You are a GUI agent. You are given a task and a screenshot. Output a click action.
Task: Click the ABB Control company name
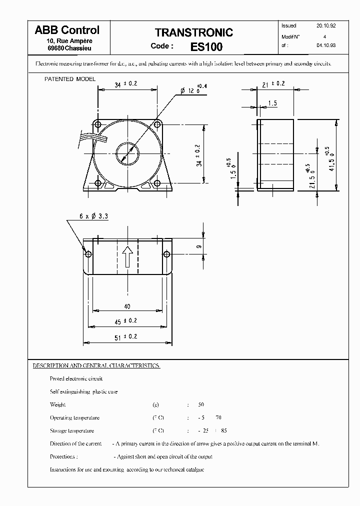67,30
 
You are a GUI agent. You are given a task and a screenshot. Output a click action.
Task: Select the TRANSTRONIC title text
193,33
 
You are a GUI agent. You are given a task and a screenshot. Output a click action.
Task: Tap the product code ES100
206,47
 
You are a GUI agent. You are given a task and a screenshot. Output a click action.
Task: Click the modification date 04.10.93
325,45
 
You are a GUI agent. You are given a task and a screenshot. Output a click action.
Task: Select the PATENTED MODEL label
70,79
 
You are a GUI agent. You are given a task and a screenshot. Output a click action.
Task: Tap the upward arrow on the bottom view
127,256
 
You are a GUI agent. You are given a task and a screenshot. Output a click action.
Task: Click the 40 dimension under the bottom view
127,306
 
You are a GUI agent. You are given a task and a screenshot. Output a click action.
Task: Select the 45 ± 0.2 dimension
127,320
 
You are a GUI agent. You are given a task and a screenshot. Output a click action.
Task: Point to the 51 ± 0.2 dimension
127,337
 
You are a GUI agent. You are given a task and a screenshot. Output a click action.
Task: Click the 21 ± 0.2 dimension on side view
273,83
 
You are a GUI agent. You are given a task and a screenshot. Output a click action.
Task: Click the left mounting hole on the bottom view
88,254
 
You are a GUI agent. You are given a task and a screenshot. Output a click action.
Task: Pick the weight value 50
201,404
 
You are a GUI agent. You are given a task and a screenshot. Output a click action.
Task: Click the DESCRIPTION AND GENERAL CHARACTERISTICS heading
96,365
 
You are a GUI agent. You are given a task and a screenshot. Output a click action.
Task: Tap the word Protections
63,456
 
